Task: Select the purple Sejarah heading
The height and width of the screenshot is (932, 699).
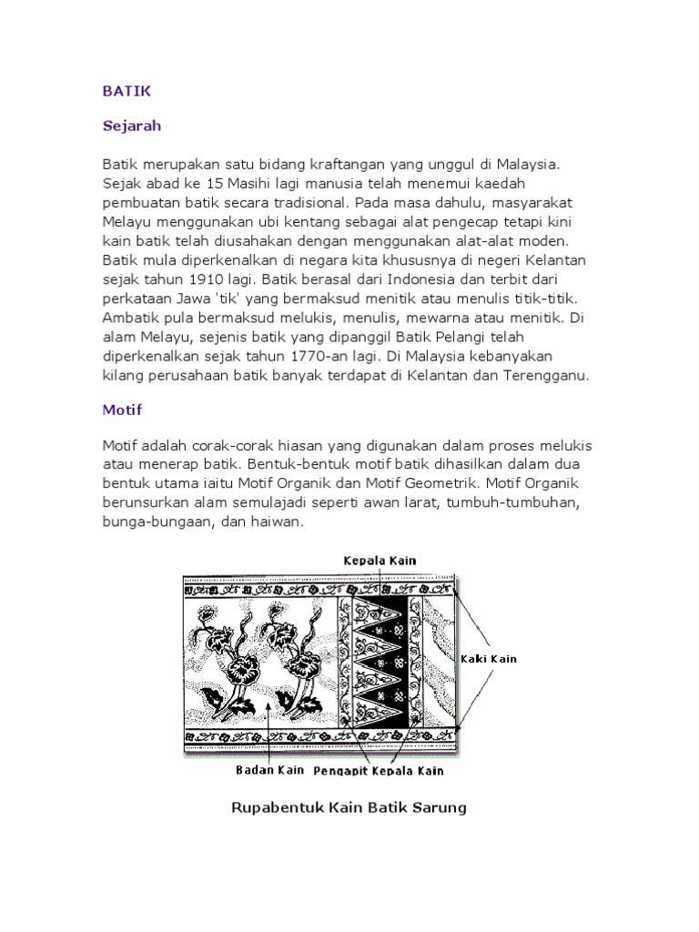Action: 131,126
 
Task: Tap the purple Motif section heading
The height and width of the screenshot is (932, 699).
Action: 122,410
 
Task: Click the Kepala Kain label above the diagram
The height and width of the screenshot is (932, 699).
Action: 380,561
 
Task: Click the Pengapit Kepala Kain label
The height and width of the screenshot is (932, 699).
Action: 378,771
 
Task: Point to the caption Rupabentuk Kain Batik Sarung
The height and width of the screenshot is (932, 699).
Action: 349,807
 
